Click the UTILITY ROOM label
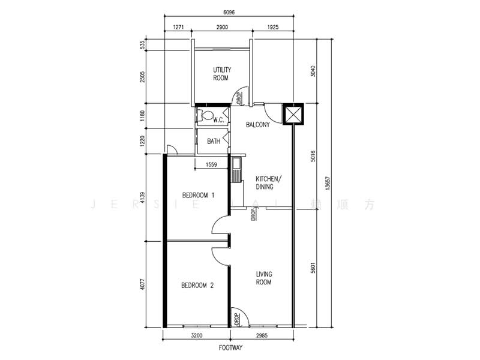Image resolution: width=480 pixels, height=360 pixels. [221, 74]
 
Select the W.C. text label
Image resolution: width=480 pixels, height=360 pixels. [218, 120]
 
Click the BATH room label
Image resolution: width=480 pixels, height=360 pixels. [214, 142]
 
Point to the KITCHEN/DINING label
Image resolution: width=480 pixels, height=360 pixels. [268, 183]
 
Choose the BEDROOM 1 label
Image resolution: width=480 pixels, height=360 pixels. [198, 195]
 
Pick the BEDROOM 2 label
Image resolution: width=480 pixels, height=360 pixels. [197, 286]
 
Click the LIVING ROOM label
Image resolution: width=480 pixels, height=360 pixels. [263, 277]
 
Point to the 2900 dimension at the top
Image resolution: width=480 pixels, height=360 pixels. [222, 28]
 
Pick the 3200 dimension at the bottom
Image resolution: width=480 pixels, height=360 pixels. [197, 336]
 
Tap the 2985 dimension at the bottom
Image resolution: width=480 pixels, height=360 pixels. [262, 336]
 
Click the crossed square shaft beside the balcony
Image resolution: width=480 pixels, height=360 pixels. [293, 115]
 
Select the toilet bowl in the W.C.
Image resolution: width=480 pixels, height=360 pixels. [206, 116]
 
